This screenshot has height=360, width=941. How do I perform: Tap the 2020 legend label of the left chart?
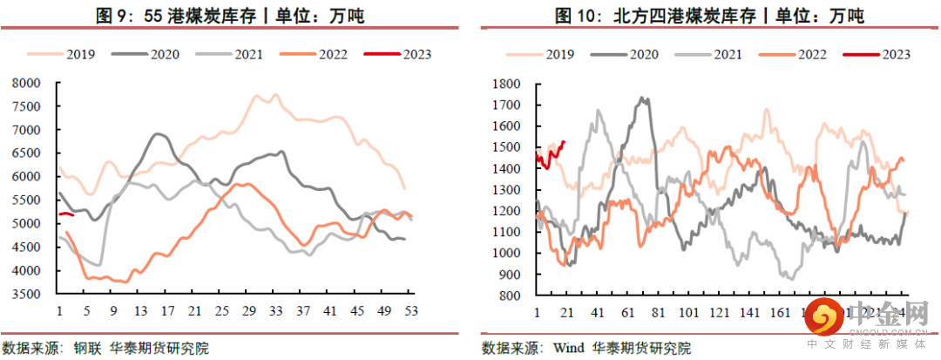point(164,54)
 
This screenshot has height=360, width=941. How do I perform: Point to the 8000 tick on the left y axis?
point(30,84)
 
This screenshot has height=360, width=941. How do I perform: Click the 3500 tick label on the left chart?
point(30,294)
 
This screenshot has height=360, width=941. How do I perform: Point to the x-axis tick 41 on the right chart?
point(598,311)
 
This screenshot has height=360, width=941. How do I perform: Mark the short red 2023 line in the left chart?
point(66,214)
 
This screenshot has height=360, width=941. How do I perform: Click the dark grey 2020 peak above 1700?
point(644,99)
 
